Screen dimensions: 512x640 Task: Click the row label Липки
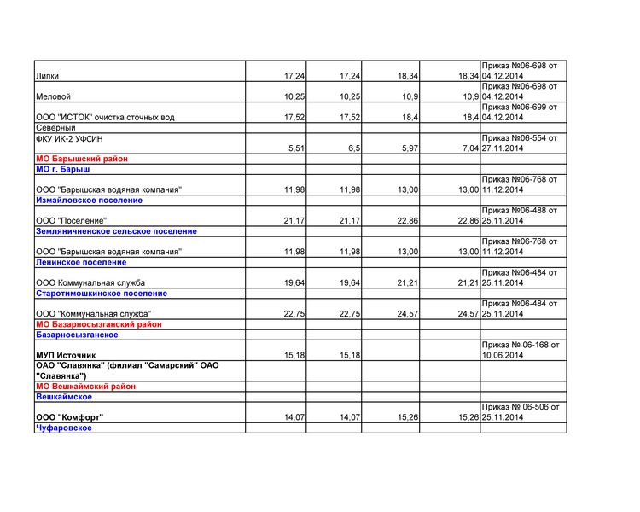pyautogui.click(x=48, y=76)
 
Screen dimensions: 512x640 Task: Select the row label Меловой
pyautogui.click(x=53, y=96)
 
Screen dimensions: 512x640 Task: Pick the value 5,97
pyautogui.click(x=407, y=148)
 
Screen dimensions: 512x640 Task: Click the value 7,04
pyautogui.click(x=468, y=148)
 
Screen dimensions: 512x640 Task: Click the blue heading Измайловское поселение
pyautogui.click(x=89, y=200)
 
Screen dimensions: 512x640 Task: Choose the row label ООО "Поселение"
pyautogui.click(x=71, y=221)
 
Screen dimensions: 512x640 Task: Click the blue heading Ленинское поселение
pyautogui.click(x=81, y=262)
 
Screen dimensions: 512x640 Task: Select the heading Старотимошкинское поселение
pyautogui.click(x=101, y=293)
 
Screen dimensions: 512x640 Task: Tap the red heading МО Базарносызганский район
pyautogui.click(x=98, y=324)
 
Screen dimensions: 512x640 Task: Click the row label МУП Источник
pyautogui.click(x=66, y=355)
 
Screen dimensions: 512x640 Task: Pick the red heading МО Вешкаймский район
pyautogui.click(x=85, y=387)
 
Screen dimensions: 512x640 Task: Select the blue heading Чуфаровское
pyautogui.click(x=64, y=428)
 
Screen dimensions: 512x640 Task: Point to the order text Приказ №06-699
pyautogui.click(x=519, y=108)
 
